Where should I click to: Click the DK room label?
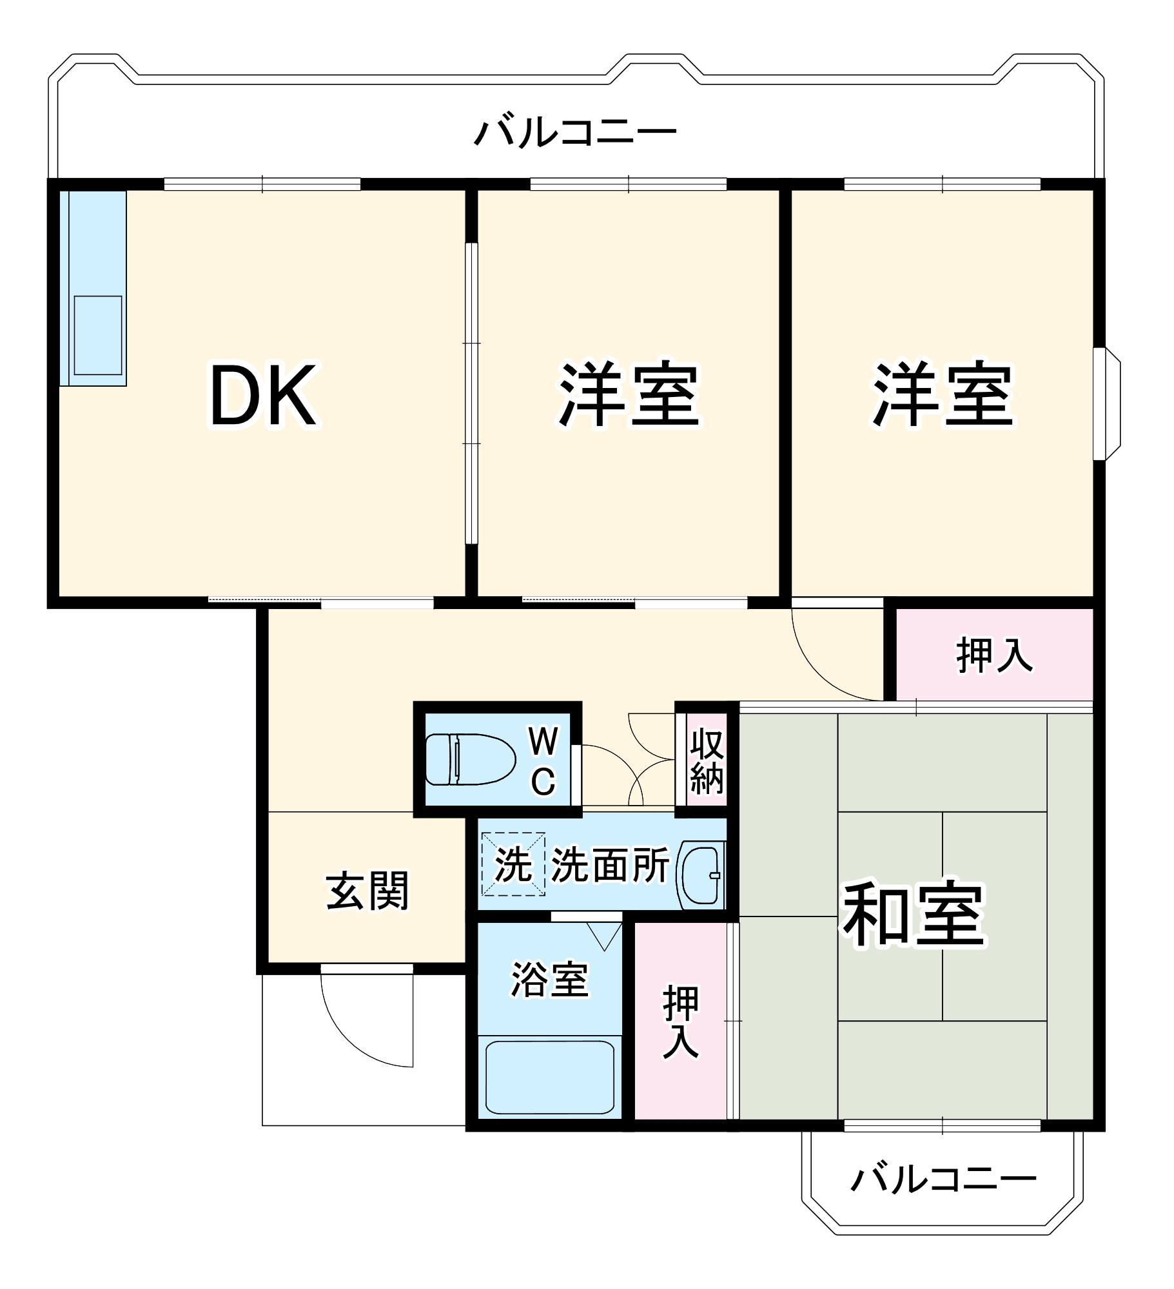pyautogui.click(x=264, y=395)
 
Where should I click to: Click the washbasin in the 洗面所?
pyautogui.click(x=701, y=875)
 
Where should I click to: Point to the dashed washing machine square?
pyautogui.click(x=513, y=864)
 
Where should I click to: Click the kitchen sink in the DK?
pyautogui.click(x=97, y=335)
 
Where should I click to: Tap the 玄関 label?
pyautogui.click(x=367, y=891)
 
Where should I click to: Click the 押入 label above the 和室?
pyautogui.click(x=994, y=655)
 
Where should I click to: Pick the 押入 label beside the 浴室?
pyautogui.click(x=681, y=1022)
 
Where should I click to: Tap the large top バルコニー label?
pyautogui.click(x=575, y=132)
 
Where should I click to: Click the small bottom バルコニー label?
pyautogui.click(x=943, y=1179)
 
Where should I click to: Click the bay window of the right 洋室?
pyautogui.click(x=1108, y=404)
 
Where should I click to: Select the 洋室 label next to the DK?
pyautogui.click(x=629, y=395)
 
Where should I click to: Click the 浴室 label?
pyautogui.click(x=549, y=980)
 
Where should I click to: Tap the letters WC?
pyautogui.click(x=543, y=761)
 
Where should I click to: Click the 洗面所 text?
pyautogui.click(x=610, y=865)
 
